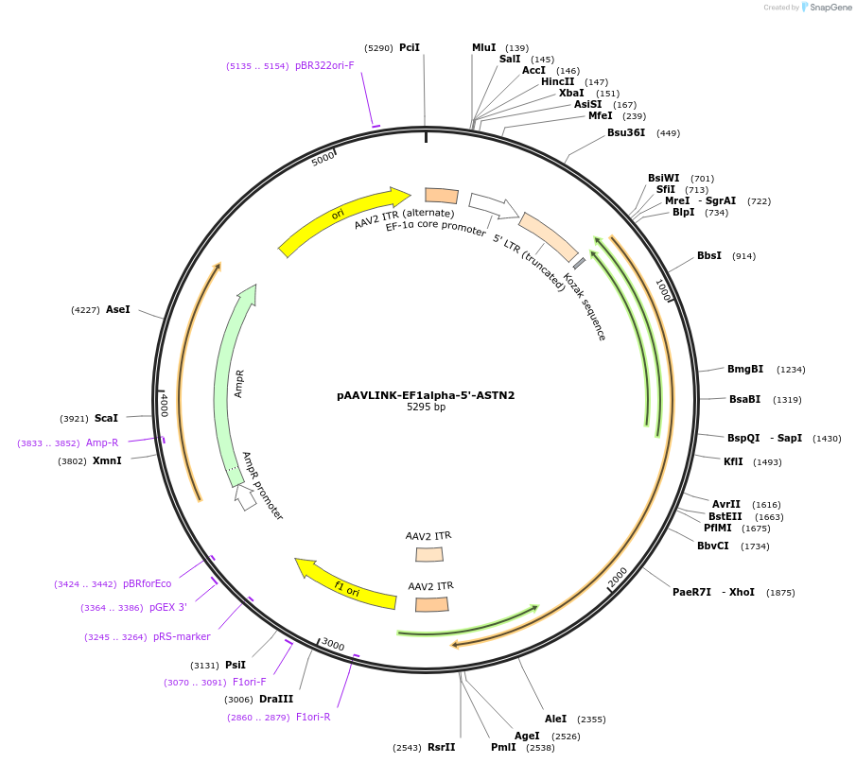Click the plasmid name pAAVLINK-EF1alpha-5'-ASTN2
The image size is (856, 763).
(426, 395)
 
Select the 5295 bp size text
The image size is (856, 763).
(426, 408)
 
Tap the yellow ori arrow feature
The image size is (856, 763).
(341, 219)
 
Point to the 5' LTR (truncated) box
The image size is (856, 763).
(549, 236)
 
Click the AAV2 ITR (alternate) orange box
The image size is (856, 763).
(442, 196)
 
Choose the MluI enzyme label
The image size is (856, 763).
(484, 48)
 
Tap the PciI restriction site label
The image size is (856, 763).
(410, 47)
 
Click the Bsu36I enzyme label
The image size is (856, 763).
(626, 133)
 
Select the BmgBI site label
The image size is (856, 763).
(745, 370)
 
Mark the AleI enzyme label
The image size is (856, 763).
(555, 720)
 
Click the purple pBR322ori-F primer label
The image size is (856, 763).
(324, 66)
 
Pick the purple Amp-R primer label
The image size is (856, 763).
(102, 442)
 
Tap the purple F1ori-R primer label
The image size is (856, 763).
(313, 718)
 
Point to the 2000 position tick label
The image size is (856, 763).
(618, 577)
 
